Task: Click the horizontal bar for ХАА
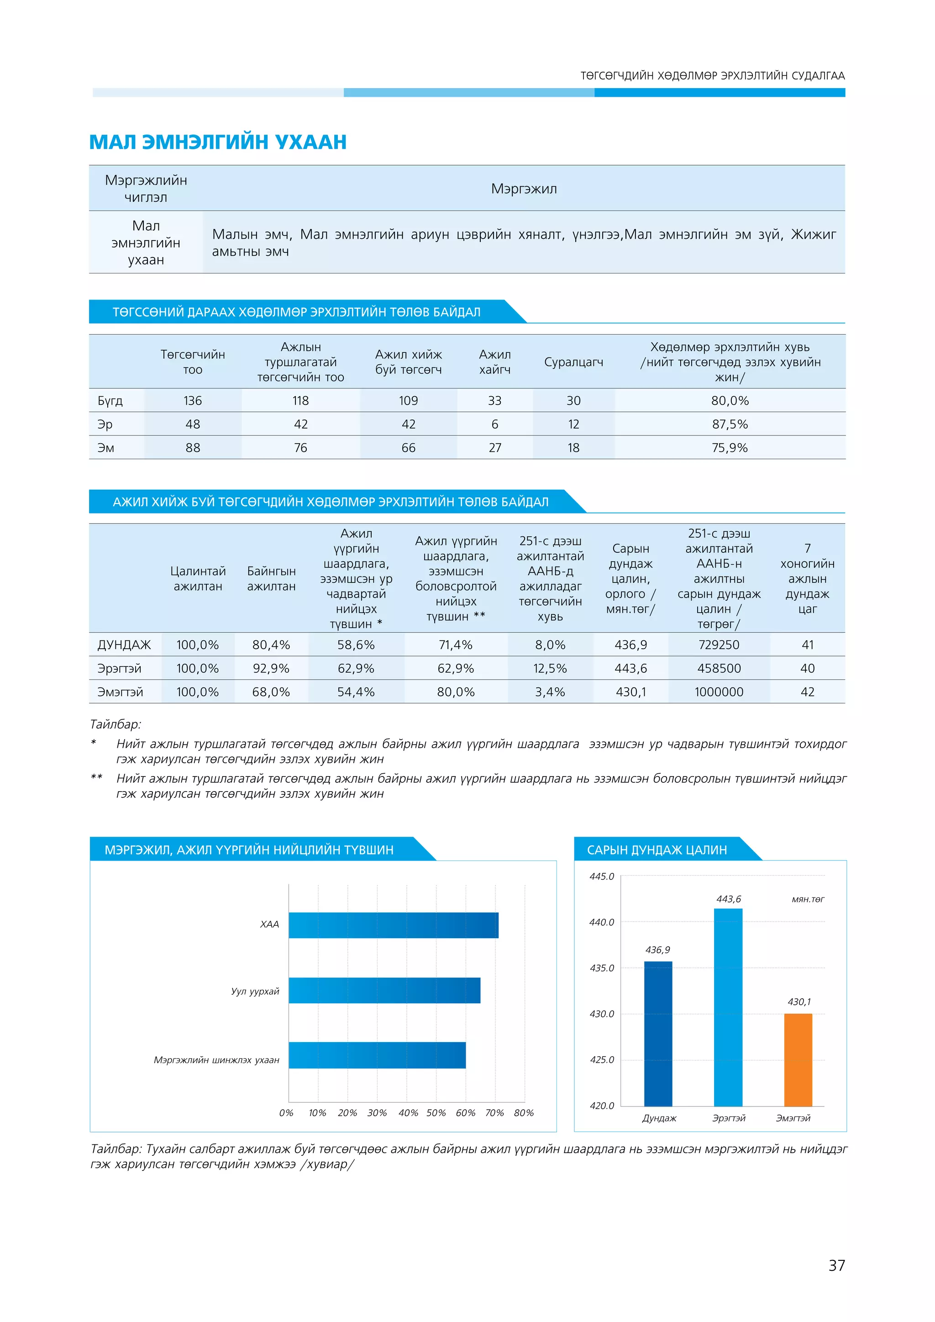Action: [x=393, y=925]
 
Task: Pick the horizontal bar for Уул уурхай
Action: [x=384, y=990]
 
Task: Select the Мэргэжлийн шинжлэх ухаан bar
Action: [x=377, y=1055]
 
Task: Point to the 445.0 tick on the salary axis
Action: [x=602, y=876]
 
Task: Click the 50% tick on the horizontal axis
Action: [x=436, y=1113]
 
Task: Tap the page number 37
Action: [x=836, y=1265]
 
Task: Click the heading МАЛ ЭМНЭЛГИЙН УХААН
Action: [x=218, y=142]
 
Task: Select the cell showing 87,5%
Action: [x=730, y=425]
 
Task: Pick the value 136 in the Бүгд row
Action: [x=192, y=401]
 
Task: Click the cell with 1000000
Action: [x=719, y=692]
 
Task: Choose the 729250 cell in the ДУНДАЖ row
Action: [x=719, y=645]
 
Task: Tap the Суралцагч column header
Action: [x=573, y=362]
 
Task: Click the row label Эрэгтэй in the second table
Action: [x=119, y=668]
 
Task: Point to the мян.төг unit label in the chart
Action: [x=808, y=899]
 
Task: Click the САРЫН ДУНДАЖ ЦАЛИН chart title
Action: [x=657, y=850]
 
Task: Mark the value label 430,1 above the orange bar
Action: [x=799, y=1002]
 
